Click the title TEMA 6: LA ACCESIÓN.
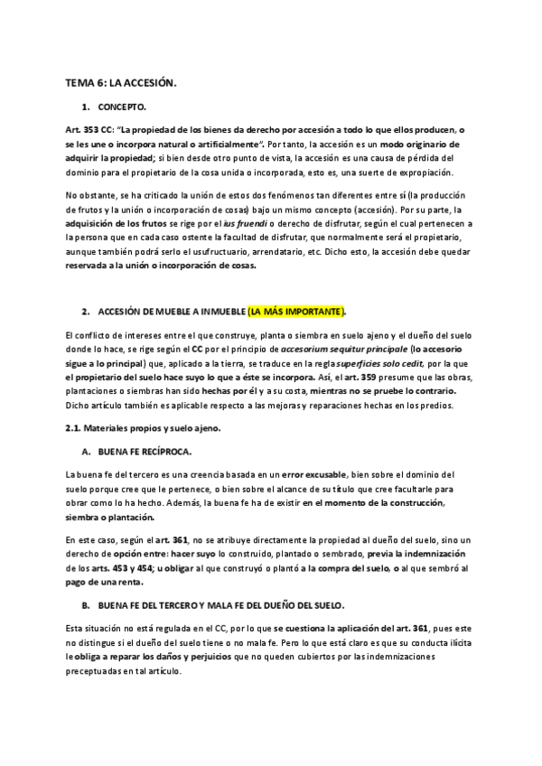121,82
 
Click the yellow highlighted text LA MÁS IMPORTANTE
297,312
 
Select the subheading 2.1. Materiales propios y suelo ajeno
143,427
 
